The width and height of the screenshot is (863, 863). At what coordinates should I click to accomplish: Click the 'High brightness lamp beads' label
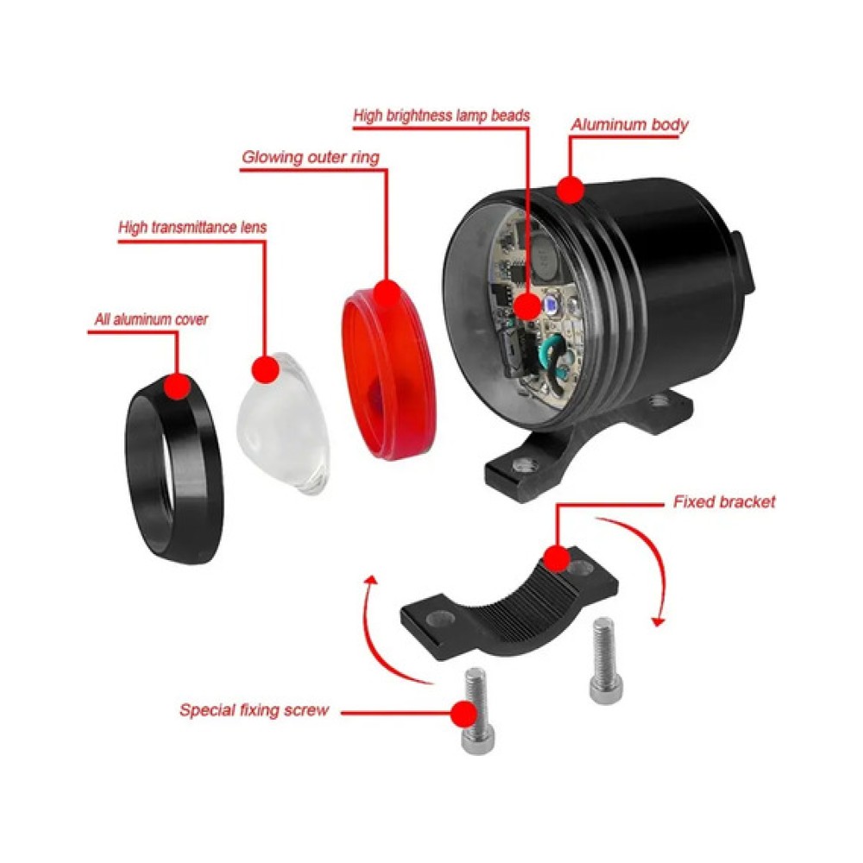coord(441,116)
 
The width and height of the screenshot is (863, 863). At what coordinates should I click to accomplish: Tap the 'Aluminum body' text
coord(629,125)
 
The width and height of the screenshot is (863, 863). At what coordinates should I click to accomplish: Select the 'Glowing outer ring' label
coord(311,157)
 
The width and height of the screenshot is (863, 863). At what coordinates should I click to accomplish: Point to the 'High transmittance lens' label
coord(192,227)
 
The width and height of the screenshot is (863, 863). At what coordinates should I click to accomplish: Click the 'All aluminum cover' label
coord(151,319)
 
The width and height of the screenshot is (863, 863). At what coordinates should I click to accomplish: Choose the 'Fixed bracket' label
coord(724,502)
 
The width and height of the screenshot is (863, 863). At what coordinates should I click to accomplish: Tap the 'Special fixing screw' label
coord(255,710)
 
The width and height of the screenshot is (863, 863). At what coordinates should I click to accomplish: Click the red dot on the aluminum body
coord(570,190)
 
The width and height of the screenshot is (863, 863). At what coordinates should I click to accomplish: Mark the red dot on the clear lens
coord(266,369)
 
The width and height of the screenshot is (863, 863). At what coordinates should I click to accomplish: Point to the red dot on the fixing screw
coord(463,714)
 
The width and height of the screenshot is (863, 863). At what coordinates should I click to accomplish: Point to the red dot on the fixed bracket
coord(557,558)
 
